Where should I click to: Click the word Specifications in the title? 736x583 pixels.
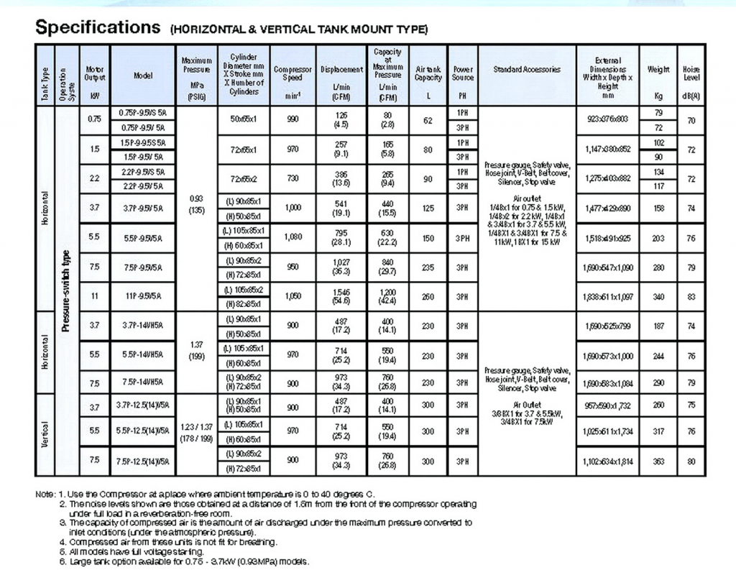(98, 28)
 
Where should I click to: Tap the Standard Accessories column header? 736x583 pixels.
(527, 70)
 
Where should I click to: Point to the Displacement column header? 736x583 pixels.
(341, 70)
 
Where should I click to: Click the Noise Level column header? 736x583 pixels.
(691, 74)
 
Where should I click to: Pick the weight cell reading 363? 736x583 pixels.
(658, 462)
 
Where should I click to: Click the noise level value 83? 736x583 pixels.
(691, 295)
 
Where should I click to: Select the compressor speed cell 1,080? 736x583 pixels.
(293, 237)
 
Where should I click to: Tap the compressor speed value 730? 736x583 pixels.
(293, 178)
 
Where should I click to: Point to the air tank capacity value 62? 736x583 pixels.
(428, 121)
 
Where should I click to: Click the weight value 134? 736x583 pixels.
(658, 172)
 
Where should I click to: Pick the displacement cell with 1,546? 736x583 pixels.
(341, 290)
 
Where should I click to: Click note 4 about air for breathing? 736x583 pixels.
(168, 541)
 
